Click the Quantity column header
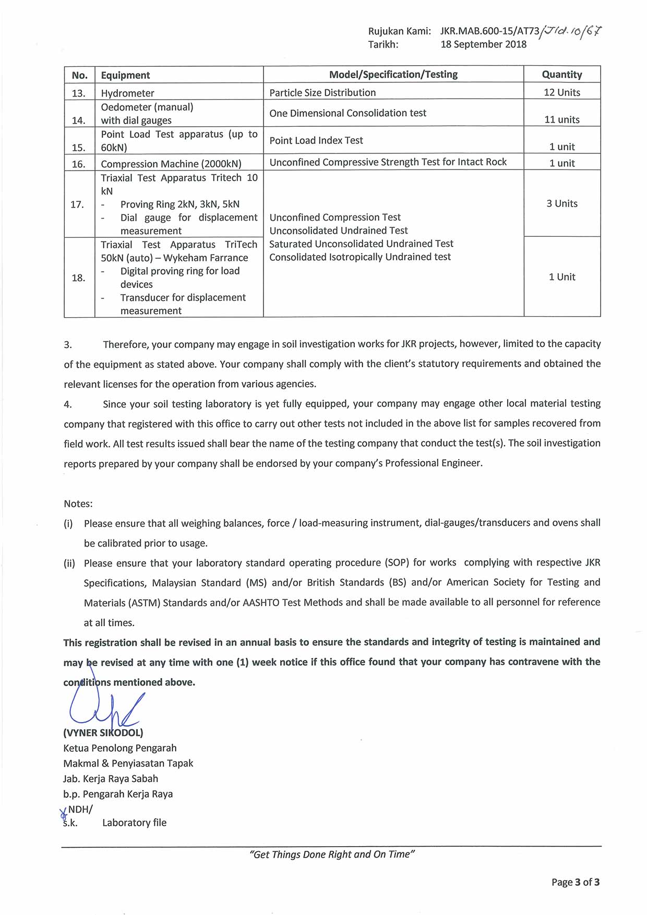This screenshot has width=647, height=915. click(x=561, y=75)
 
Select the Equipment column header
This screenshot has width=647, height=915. click(x=125, y=75)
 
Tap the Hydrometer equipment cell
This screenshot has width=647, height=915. click(x=127, y=93)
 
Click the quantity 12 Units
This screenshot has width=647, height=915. click(x=561, y=92)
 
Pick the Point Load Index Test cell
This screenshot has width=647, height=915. click(x=316, y=140)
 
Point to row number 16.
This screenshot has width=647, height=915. click(x=79, y=164)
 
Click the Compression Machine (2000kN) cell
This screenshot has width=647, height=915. click(x=171, y=164)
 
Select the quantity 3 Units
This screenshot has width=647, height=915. click(x=561, y=203)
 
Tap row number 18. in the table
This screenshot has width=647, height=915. click(x=79, y=278)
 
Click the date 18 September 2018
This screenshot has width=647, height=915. click(x=483, y=44)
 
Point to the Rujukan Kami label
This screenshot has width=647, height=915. click(x=399, y=31)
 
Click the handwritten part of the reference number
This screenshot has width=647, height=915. click(x=571, y=31)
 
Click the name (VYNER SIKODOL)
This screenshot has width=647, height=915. click(x=103, y=732)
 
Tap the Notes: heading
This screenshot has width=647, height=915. click(x=78, y=503)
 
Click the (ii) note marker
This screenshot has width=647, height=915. click(x=69, y=563)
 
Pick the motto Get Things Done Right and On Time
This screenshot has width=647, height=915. click(x=332, y=854)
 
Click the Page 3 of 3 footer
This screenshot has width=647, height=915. click(x=575, y=882)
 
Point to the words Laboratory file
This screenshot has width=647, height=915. click(x=134, y=823)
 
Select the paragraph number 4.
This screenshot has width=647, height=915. click(x=68, y=404)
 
